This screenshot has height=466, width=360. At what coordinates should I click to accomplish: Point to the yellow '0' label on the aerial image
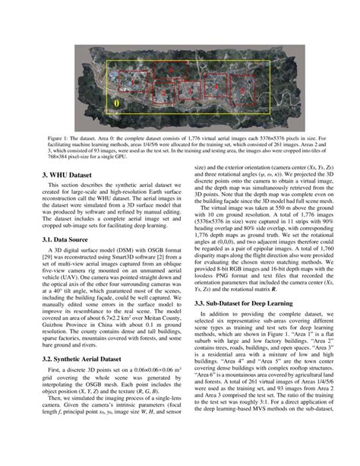point(116,102)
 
